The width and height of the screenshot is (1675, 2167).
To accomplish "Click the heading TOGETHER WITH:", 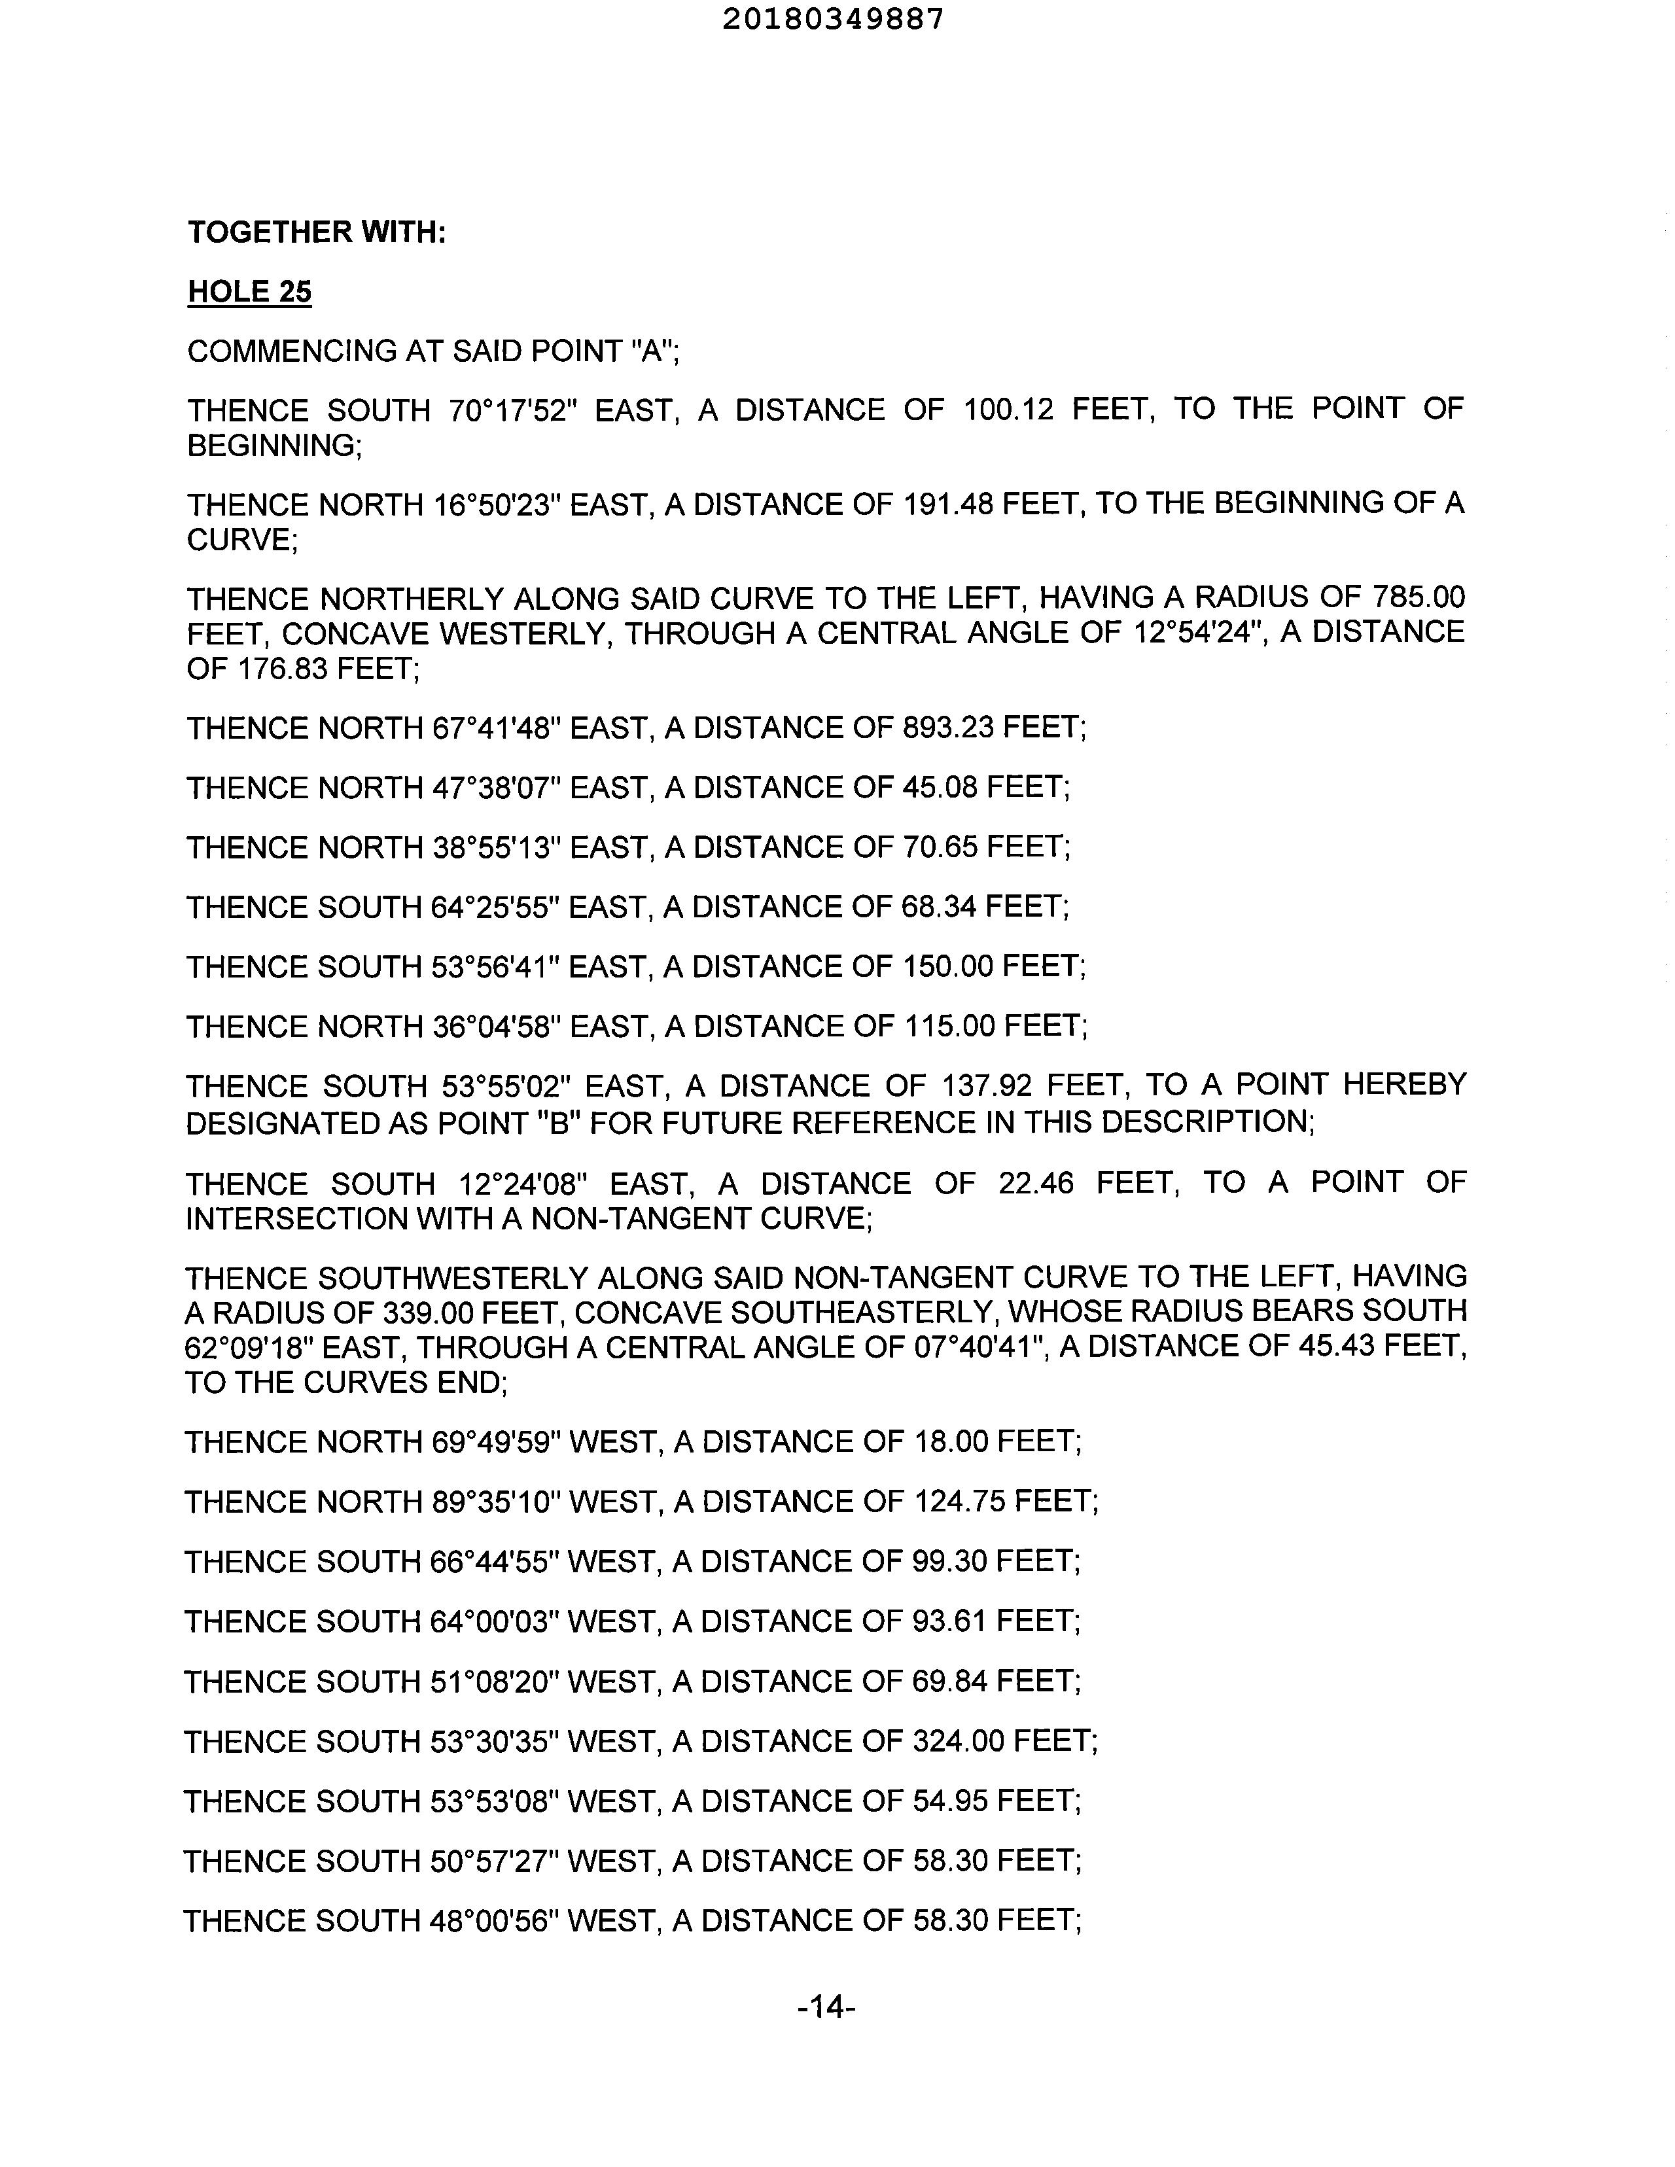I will pos(317,232).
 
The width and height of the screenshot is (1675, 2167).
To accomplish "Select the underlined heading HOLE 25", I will pos(249,292).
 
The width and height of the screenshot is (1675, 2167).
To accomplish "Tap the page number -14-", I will pos(826,2008).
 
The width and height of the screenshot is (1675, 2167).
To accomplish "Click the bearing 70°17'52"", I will pos(513,410).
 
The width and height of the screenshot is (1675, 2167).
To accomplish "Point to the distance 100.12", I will pos(1007,410).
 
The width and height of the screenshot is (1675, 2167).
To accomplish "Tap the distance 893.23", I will pos(947,728).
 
